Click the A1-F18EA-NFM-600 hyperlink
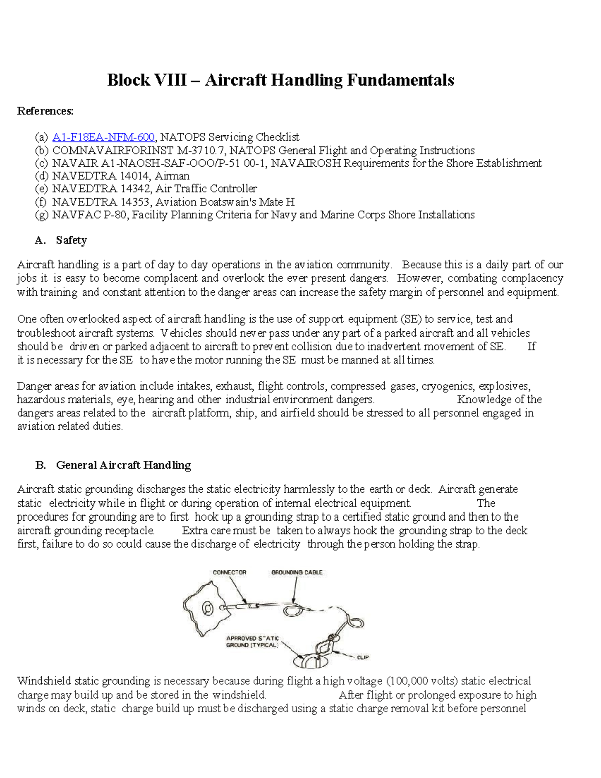point(103,137)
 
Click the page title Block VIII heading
point(280,80)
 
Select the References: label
point(45,111)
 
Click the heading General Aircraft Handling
point(123,465)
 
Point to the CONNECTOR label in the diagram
point(229,572)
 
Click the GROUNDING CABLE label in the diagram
point(296,572)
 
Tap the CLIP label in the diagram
point(363,657)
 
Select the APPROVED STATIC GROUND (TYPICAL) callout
point(252,642)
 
